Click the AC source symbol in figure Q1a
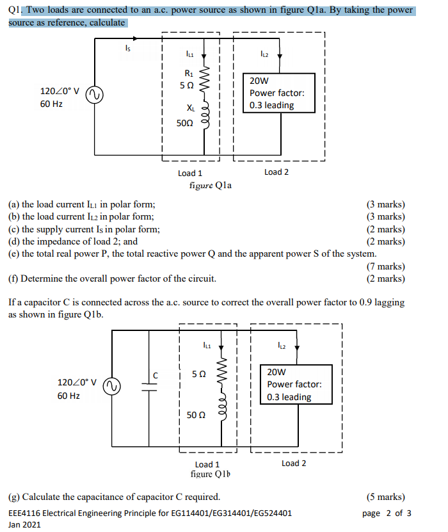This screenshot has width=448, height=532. tap(95, 95)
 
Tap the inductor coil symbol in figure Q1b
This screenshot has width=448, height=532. tap(222, 417)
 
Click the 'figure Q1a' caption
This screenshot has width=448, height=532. tap(211, 185)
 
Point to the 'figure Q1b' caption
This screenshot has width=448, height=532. tap(211, 474)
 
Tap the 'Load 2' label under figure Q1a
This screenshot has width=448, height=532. tap(276, 172)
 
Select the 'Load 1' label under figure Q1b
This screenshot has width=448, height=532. tap(207, 464)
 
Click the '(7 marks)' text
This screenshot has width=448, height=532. tap(385, 266)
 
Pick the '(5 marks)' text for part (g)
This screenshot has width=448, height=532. tap(385, 497)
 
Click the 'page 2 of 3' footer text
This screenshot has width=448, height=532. tap(387, 513)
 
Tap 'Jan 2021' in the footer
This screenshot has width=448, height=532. tap(24, 524)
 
